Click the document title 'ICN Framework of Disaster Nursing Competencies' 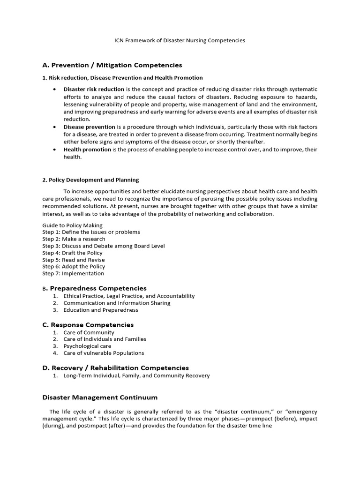coord(180,40)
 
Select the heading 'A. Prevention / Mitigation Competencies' coord(112,65)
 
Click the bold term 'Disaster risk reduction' coord(94,89)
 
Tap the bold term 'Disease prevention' coord(89,127)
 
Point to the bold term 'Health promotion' coord(87,150)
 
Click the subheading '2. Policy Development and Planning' coord(90,180)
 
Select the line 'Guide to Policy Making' coord(72,225)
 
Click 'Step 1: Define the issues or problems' coord(91,232)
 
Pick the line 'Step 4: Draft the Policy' coord(72,253)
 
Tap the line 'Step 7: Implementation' coord(73,273)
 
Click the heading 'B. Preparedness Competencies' coord(94,288)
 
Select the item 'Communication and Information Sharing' coord(117,303)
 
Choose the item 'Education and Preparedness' coord(101,310)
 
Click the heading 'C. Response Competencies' coord(88,325)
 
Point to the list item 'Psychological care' coord(87,346)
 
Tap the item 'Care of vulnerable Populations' coord(104,353)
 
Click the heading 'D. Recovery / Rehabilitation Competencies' coord(115,368)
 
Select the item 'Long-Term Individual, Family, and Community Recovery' coord(136,375)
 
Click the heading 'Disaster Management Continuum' coord(100,397)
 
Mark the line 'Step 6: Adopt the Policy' coord(74,266)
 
